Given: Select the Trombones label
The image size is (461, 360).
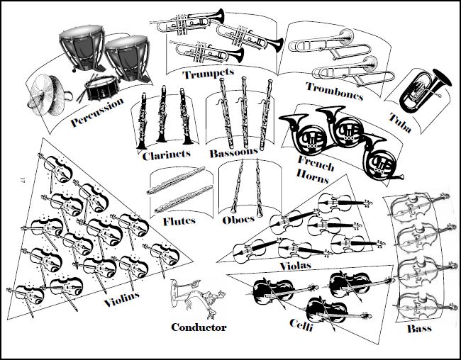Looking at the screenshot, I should pyautogui.click(x=334, y=90).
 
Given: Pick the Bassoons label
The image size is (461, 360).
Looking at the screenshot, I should pyautogui.click(x=233, y=152).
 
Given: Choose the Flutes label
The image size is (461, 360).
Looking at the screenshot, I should pyautogui.click(x=179, y=221).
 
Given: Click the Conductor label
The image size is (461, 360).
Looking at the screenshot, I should pyautogui.click(x=199, y=327).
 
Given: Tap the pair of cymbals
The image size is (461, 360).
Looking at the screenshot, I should pyautogui.click(x=50, y=88).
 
